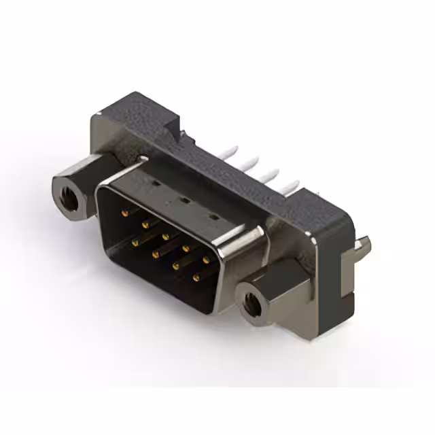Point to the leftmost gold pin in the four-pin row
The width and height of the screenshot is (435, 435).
(x=135, y=242)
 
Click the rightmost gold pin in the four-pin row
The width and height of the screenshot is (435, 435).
(x=197, y=277)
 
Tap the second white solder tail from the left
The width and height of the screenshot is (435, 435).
(x=254, y=162)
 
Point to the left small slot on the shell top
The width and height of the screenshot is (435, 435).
(x=154, y=183)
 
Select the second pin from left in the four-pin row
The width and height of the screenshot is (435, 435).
(x=156, y=254)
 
